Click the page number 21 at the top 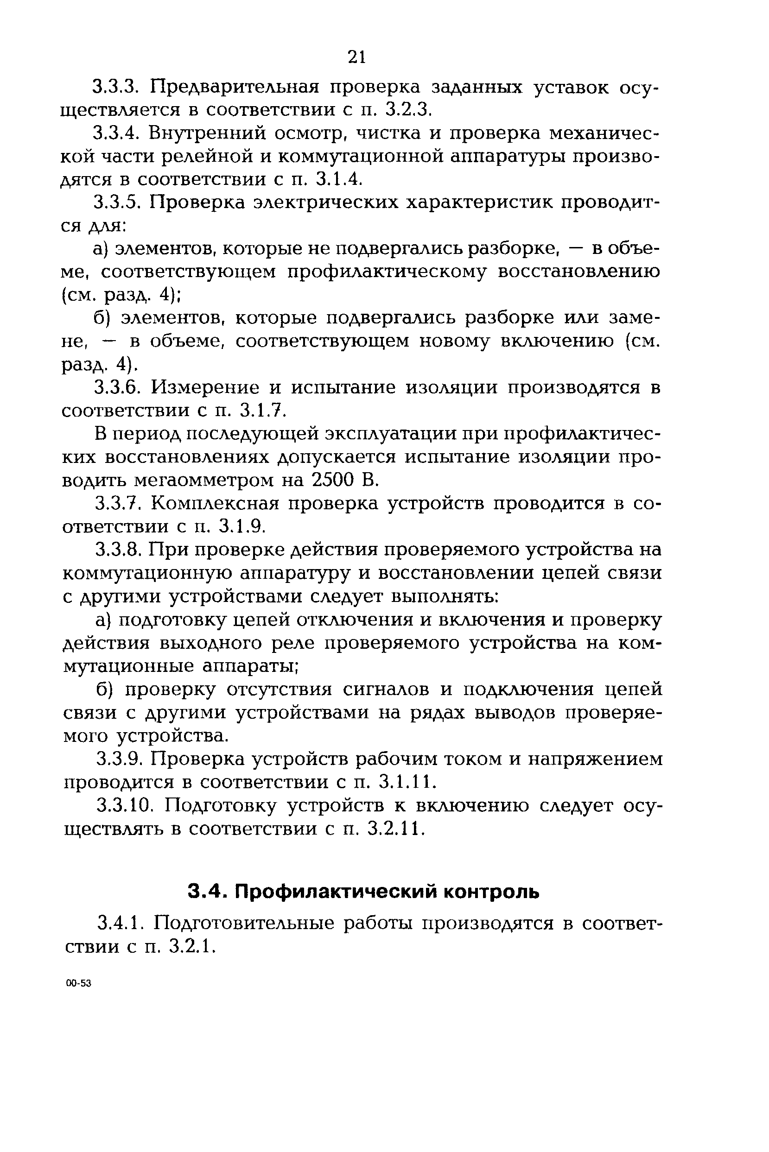click(356, 57)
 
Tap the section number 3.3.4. click(117, 133)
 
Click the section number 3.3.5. click(117, 203)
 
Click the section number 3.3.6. click(117, 388)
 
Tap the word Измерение click(205, 388)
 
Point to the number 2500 click(333, 480)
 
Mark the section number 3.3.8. click(118, 550)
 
